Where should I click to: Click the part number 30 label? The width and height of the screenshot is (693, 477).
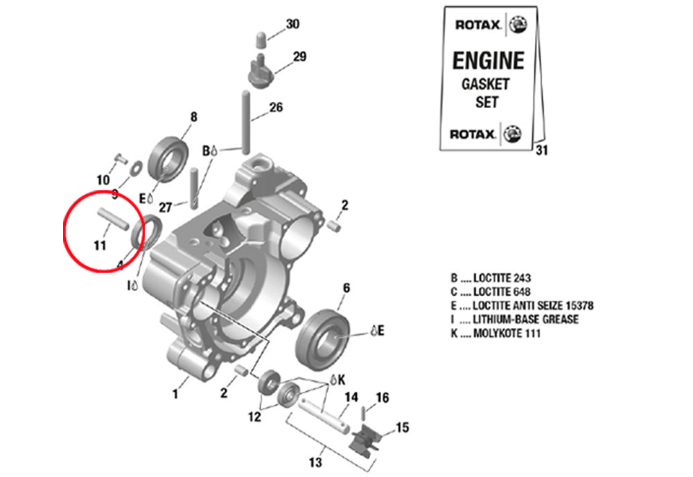click(x=292, y=24)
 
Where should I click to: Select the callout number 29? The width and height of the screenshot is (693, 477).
click(x=299, y=57)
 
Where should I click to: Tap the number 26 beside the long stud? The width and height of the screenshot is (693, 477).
click(x=276, y=107)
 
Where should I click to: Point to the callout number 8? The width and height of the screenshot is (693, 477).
click(x=193, y=116)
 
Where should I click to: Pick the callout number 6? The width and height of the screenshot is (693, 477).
click(x=346, y=288)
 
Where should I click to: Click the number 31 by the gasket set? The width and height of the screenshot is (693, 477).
click(x=542, y=151)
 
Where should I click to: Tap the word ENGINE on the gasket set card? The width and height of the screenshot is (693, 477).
click(x=488, y=61)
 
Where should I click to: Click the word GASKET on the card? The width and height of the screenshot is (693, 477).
click(x=485, y=84)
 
